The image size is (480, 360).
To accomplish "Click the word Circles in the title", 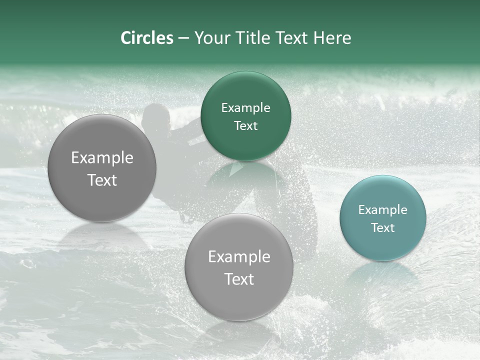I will (x=146, y=38).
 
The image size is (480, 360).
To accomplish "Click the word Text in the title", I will (x=292, y=38).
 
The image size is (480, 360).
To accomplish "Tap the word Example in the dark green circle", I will (x=245, y=108).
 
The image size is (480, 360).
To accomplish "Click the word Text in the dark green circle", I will (x=245, y=126).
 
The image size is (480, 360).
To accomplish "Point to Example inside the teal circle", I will (x=382, y=210).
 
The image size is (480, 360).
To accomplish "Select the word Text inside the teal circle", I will (x=382, y=228).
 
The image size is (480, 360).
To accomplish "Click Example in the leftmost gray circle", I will (x=102, y=158).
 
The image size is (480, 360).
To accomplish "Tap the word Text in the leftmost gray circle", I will (x=102, y=180).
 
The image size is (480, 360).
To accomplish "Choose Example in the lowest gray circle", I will (x=239, y=257).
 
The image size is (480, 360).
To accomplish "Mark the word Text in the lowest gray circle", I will (x=239, y=279).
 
